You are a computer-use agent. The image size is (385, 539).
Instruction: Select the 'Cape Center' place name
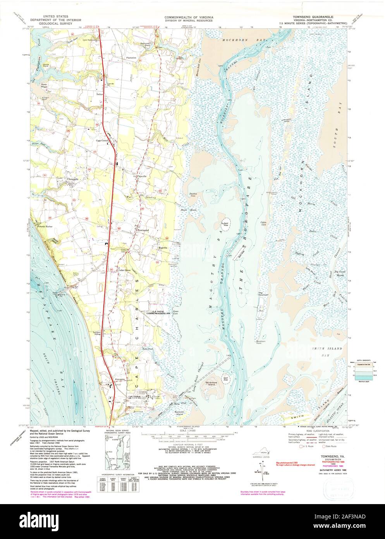103,141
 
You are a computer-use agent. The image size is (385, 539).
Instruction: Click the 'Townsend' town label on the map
143,231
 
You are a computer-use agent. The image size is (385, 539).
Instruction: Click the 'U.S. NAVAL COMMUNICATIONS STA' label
161,312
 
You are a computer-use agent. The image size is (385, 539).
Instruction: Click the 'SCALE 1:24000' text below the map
187,430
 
